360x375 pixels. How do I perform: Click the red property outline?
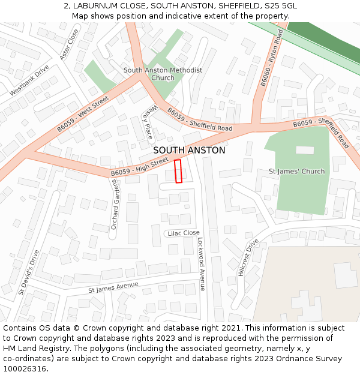[x=178, y=171]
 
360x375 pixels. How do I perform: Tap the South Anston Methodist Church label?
[x=163, y=74]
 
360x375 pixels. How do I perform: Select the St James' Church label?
[x=296, y=171]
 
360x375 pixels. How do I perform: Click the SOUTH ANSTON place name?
[x=189, y=151]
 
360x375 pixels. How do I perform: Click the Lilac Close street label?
[x=184, y=233]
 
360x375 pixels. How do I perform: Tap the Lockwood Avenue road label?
[x=202, y=263]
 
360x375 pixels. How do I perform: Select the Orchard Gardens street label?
[x=114, y=204]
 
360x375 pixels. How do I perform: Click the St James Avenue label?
[x=113, y=287]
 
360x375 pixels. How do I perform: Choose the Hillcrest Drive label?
[x=248, y=257]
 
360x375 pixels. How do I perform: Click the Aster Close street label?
[x=69, y=44]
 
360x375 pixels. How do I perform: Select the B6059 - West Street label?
[x=83, y=114]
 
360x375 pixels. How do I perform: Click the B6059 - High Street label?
[x=140, y=167]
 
